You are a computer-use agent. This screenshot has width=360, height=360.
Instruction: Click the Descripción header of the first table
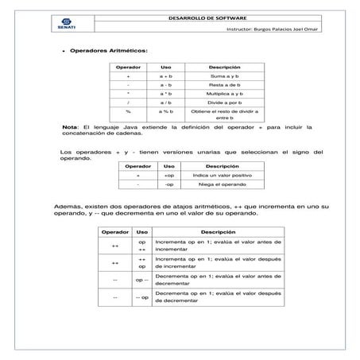(x=224, y=67)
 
